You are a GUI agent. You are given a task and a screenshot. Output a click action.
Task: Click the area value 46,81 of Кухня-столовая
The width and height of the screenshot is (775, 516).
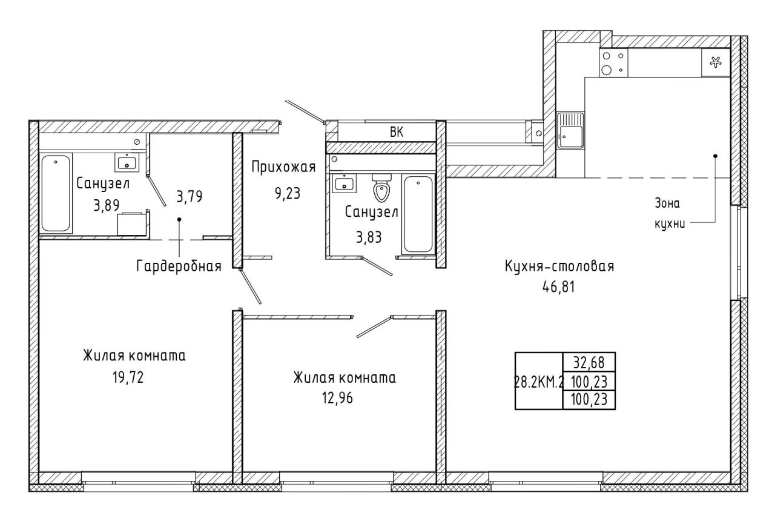558,287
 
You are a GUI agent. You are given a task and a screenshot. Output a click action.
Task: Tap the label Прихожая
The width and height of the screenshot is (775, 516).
283,167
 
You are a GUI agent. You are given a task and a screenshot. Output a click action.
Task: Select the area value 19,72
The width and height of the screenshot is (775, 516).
128,377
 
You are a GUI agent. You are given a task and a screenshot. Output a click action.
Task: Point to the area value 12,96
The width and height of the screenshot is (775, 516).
337,399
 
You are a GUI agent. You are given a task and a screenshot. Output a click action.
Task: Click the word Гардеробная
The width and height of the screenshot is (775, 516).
179,266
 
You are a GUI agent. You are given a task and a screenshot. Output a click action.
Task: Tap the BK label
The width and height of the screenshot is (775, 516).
397,132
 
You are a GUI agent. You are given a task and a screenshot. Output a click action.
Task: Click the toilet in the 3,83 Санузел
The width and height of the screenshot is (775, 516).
381,188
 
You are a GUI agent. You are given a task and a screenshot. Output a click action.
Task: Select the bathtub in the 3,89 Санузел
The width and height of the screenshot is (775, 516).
56,193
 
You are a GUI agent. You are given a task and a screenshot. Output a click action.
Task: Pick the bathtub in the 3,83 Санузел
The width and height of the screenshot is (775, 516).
418,214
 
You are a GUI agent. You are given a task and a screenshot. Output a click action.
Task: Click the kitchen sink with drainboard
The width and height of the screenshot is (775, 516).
570,130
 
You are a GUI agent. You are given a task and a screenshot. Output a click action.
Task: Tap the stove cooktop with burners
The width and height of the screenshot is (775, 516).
613,62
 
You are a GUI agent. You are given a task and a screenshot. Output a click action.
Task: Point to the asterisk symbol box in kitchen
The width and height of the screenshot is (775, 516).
716,62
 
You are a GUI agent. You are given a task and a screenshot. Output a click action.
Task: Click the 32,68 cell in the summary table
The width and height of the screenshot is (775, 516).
589,362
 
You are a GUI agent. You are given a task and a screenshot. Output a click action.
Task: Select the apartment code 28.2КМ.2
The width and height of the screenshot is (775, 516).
539,382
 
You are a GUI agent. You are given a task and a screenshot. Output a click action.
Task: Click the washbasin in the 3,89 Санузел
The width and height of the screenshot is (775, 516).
127,162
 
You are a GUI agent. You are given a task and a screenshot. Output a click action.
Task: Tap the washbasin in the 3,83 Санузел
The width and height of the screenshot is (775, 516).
344,183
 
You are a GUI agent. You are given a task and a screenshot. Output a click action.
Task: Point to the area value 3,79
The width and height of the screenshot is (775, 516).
190,197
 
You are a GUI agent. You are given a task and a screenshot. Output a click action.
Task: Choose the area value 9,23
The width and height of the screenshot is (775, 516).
288,193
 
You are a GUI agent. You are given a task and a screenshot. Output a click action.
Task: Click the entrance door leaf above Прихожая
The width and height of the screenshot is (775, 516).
305,111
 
